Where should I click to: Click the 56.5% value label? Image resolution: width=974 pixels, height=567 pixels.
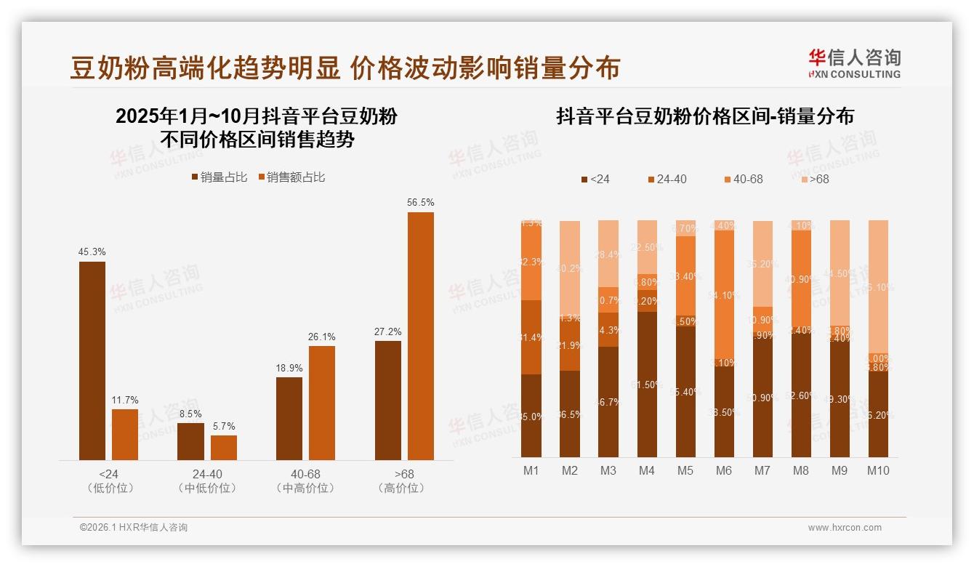coord(420,203)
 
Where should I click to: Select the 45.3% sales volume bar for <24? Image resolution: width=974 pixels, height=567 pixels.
coord(92,361)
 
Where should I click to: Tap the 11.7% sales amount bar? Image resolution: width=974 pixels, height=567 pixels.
coord(125,435)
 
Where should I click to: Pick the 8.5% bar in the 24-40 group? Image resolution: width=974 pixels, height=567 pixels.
coord(190,441)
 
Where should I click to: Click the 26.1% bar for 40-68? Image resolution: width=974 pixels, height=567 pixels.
coord(322,403)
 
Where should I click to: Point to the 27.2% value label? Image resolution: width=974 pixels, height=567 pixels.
coord(388,331)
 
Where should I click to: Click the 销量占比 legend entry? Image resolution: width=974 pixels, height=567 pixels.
coord(220,177)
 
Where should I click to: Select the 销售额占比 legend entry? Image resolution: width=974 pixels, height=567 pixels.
coord(291,177)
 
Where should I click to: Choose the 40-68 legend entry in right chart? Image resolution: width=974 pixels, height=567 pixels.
coord(743,179)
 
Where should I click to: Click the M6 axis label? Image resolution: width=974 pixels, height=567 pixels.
coord(723,470)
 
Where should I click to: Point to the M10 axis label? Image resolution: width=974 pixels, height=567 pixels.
coord(877,470)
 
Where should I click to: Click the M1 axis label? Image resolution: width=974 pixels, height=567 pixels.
coord(531,470)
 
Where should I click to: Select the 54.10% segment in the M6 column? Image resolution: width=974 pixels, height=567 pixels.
coord(724,294)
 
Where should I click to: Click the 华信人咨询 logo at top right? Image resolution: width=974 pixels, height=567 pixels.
coord(854,63)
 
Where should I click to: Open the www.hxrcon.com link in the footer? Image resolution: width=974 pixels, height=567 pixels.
coord(845,528)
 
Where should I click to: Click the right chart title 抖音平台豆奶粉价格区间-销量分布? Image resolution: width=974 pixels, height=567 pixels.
coord(704,116)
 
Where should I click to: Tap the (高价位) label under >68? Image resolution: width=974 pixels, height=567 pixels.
coord(401,488)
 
